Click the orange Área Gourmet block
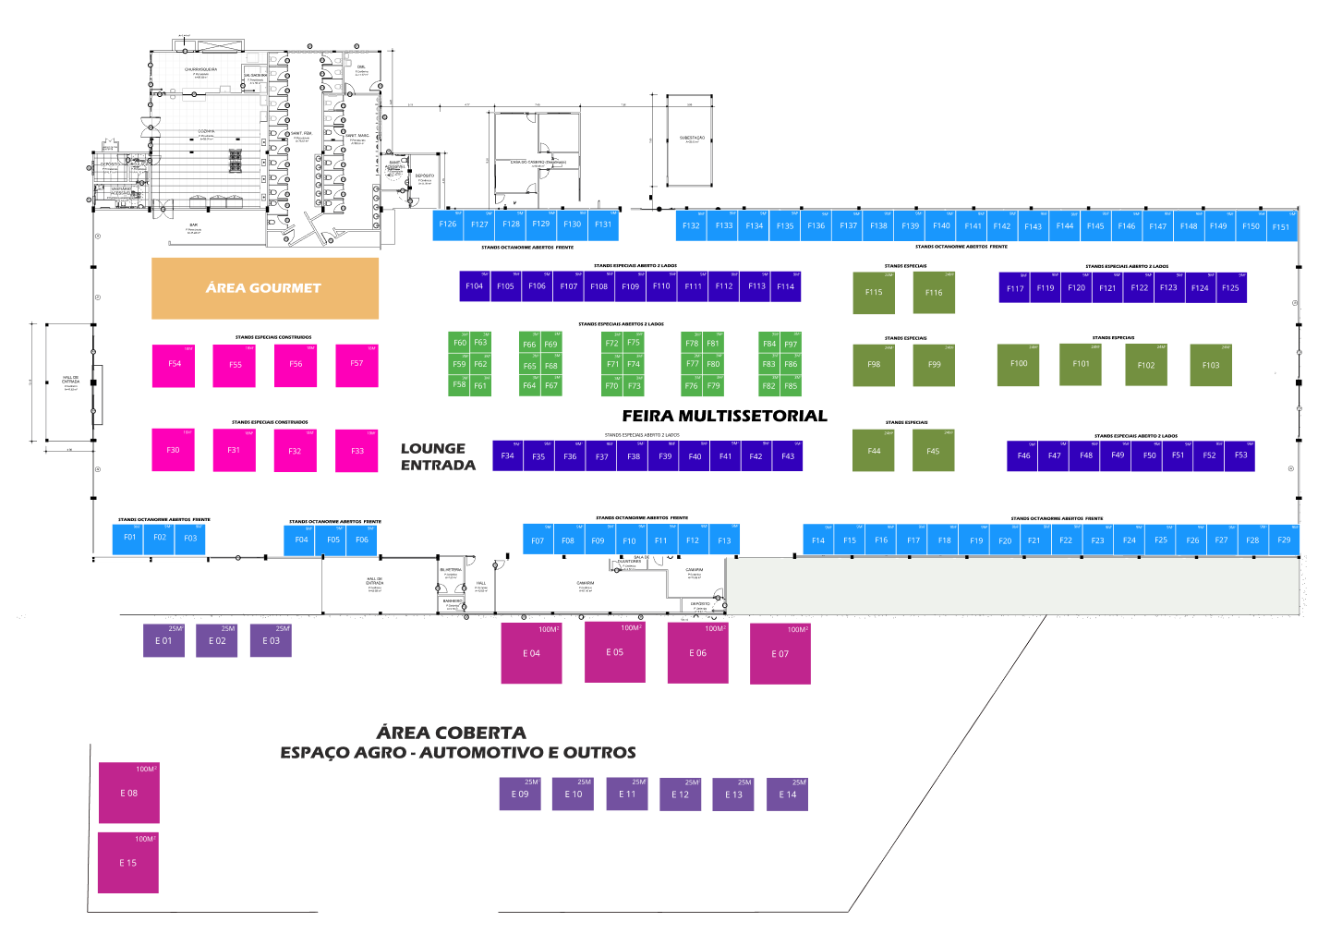[x=265, y=288]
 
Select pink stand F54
[x=174, y=365]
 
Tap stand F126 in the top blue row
[x=448, y=225]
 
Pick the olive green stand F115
[x=874, y=293]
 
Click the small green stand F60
[x=459, y=343]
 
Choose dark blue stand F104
[x=475, y=286]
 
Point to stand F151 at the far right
[x=1281, y=227]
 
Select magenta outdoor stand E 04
[x=531, y=654]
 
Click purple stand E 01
[x=163, y=641]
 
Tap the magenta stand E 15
[x=128, y=863]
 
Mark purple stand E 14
[x=787, y=794]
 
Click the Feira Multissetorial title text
[x=724, y=416]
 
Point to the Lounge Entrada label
[x=437, y=456]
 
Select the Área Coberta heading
[x=452, y=733]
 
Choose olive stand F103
[x=1211, y=366]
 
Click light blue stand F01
[x=129, y=539]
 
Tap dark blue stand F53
[x=1240, y=455]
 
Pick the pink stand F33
[x=357, y=451]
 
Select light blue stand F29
[x=1284, y=540]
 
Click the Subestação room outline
[x=692, y=139]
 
